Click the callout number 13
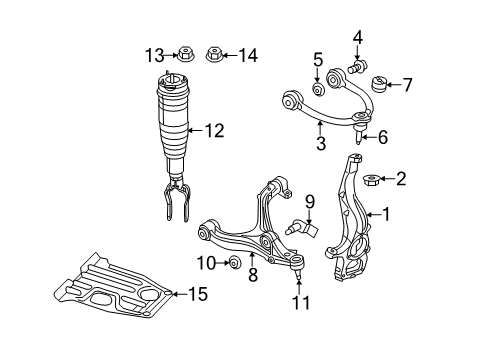(153, 55)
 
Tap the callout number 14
(247, 55)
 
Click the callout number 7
(406, 84)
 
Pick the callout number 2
(401, 179)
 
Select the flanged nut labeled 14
(213, 55)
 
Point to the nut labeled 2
(369, 181)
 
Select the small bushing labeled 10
(232, 263)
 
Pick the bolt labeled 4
(357, 70)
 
